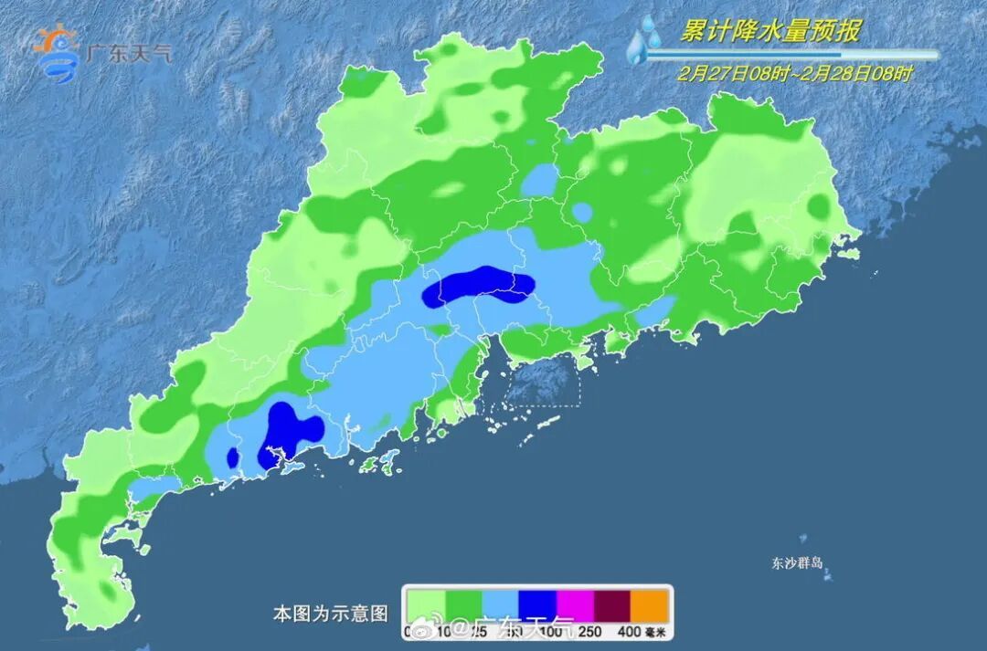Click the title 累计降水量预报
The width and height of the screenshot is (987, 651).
tap(769, 31)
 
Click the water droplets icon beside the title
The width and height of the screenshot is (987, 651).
tap(645, 41)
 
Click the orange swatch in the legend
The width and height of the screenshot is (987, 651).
tap(652, 604)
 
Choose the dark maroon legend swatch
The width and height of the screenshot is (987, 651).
tap(614, 604)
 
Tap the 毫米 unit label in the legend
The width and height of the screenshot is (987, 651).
tap(657, 630)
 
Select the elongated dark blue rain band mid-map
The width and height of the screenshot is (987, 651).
tap(477, 286)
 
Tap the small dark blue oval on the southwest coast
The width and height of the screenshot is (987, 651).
tap(232, 457)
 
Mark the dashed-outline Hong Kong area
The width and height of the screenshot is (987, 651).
tap(543, 380)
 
